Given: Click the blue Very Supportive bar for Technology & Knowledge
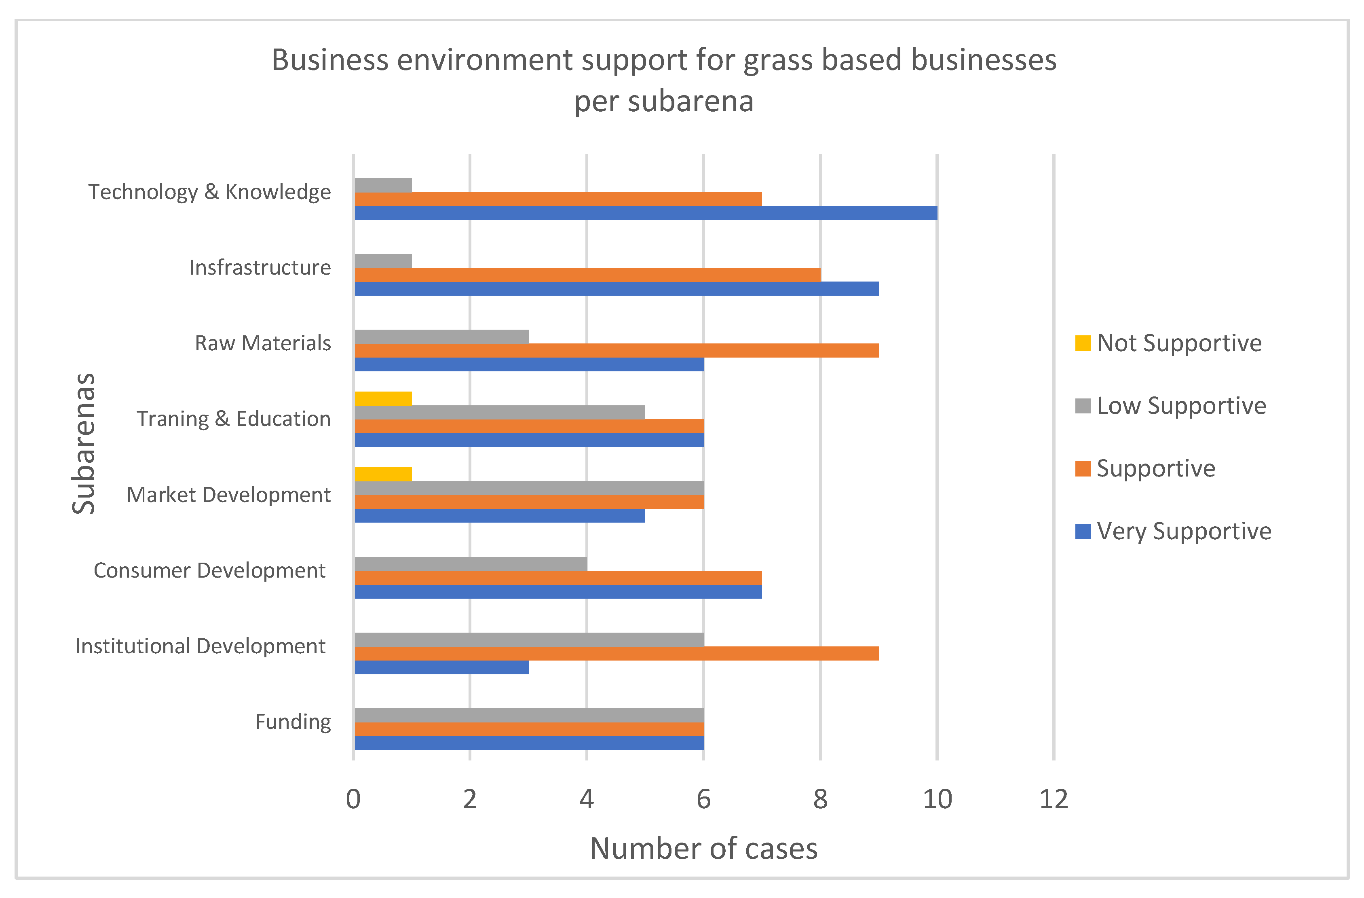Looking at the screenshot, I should tap(646, 213).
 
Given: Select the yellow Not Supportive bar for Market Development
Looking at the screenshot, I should tap(383, 474).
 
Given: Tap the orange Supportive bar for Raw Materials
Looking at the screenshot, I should tap(617, 350).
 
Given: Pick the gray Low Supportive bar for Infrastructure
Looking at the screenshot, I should tap(383, 261).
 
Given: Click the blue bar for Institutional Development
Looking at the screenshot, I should tap(442, 667).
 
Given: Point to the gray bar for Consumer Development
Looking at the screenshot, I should tap(471, 564).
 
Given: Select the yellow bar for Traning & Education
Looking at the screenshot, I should tap(383, 398).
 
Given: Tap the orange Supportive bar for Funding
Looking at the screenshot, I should tap(529, 729).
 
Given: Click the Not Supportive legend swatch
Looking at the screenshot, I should tap(1083, 343).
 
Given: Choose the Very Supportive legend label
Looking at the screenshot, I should tap(1184, 532).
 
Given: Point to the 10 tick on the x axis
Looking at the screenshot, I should tap(937, 799).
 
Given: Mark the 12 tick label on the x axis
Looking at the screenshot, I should tap(1054, 799).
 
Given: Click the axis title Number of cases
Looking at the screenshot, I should tap(704, 849).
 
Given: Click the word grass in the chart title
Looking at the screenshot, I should tap(778, 60).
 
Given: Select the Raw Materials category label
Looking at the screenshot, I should tap(263, 343).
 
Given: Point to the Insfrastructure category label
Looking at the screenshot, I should tap(260, 268).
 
